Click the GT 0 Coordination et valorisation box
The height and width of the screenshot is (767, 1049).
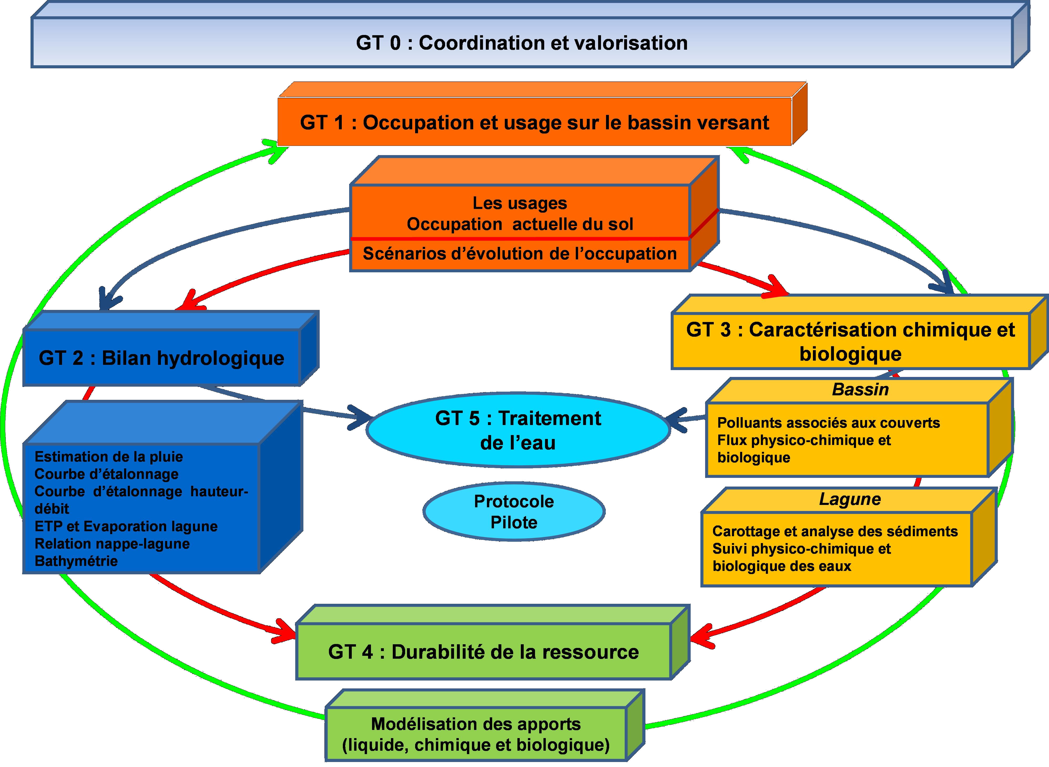click(x=522, y=43)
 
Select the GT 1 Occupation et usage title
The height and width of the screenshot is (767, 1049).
click(x=534, y=122)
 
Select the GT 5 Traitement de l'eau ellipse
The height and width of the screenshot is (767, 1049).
click(x=518, y=430)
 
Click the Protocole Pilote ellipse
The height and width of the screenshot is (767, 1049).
click(x=513, y=512)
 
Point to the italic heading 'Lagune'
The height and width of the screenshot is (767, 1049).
click(x=849, y=499)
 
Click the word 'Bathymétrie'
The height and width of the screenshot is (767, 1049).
click(x=76, y=561)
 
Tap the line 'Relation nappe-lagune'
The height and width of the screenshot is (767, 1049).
click(x=112, y=544)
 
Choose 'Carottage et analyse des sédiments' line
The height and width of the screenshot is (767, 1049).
click(x=835, y=531)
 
